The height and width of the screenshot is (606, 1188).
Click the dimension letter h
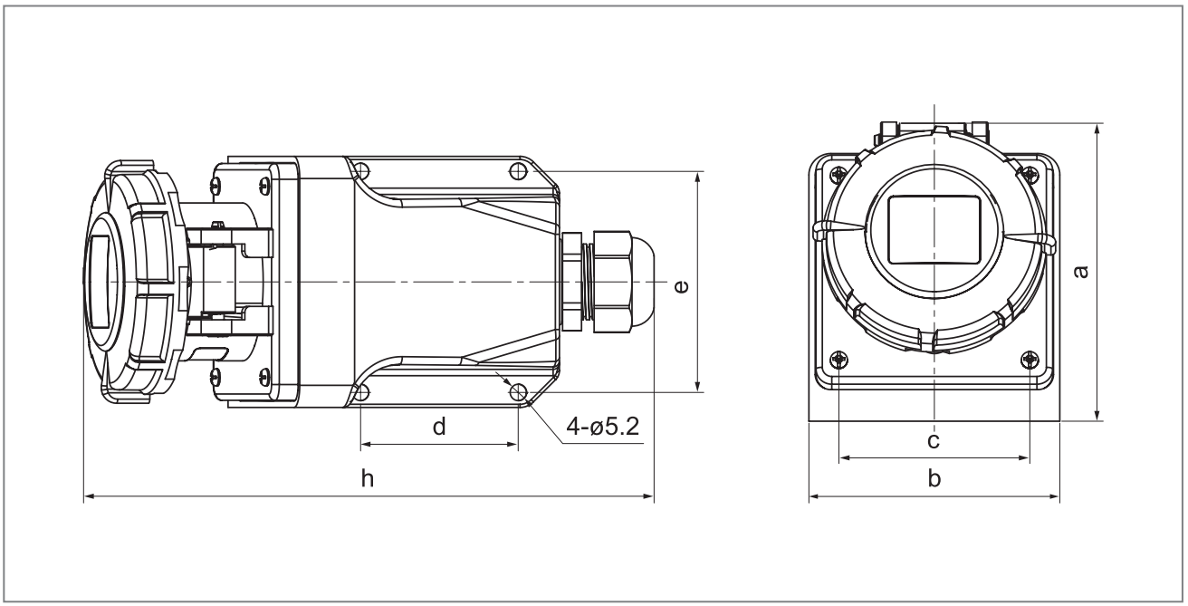click(367, 480)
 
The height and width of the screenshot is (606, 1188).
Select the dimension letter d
click(439, 427)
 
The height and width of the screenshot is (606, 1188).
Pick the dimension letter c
click(934, 441)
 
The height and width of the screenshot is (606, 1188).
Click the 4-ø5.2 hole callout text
click(602, 426)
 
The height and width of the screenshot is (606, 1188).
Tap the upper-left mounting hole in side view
click(361, 169)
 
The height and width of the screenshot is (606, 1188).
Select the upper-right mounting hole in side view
click(519, 169)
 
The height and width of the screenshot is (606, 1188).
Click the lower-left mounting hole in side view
click(361, 392)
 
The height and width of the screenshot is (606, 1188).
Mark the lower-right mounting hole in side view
click(519, 392)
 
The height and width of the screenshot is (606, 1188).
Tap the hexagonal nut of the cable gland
click(613, 282)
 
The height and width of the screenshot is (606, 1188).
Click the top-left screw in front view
click(839, 174)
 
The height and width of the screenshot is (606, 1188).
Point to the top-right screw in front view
click(1030, 174)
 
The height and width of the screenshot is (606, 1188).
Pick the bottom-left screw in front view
click(839, 361)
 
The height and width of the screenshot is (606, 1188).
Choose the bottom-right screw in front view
click(1030, 361)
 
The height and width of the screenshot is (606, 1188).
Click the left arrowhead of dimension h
click(88, 496)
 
